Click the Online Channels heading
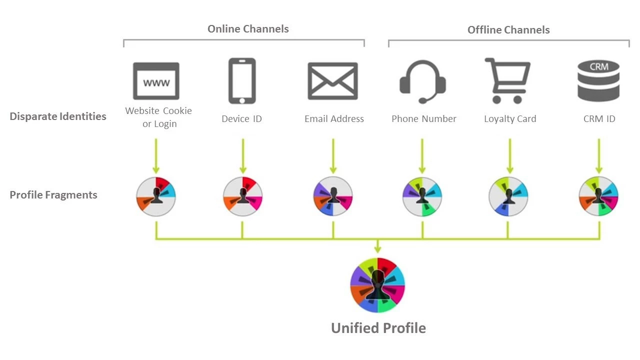pos(248,28)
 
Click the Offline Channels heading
pos(508,29)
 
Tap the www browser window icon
pos(156,81)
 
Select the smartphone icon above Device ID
pos(242,81)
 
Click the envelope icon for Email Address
pos(332,81)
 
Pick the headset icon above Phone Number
pos(422,81)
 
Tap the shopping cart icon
pos(508,80)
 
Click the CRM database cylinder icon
pos(598,80)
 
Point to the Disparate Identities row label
pos(58,116)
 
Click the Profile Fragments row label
pos(53,195)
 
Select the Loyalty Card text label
pos(510,119)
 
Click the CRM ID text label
pos(599,119)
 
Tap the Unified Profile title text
pos(378,328)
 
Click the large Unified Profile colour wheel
pos(377,285)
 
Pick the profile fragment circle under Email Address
pos(333,196)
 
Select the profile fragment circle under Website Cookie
pos(156,196)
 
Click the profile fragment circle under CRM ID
pos(598,196)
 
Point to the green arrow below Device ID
pos(243,156)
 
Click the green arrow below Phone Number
pos(422,156)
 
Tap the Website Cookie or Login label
pos(158,117)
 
